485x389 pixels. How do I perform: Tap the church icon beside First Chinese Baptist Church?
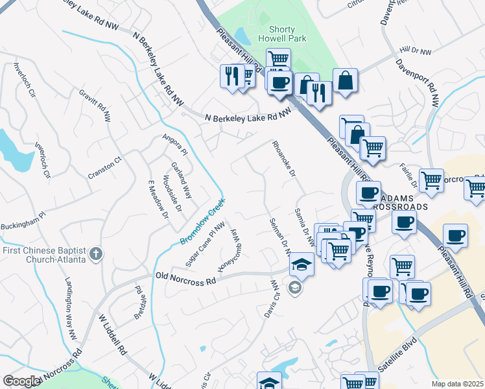(x=96, y=253)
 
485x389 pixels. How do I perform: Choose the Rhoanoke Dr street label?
(x=284, y=159)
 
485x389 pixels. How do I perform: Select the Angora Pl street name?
(x=174, y=145)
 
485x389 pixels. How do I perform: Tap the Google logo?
(x=21, y=381)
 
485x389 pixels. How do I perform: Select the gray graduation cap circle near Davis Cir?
(x=295, y=289)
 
